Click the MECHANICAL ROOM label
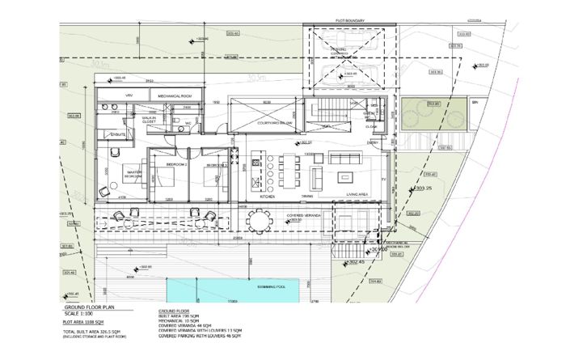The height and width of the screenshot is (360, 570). click(174, 96)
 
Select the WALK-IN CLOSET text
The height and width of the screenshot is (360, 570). click(149, 120)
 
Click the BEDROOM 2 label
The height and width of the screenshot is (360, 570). click(176, 164)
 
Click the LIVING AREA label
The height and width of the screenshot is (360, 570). click(357, 195)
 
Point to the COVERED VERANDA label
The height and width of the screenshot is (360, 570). click(304, 215)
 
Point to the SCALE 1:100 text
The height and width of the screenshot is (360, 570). click(82, 316)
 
